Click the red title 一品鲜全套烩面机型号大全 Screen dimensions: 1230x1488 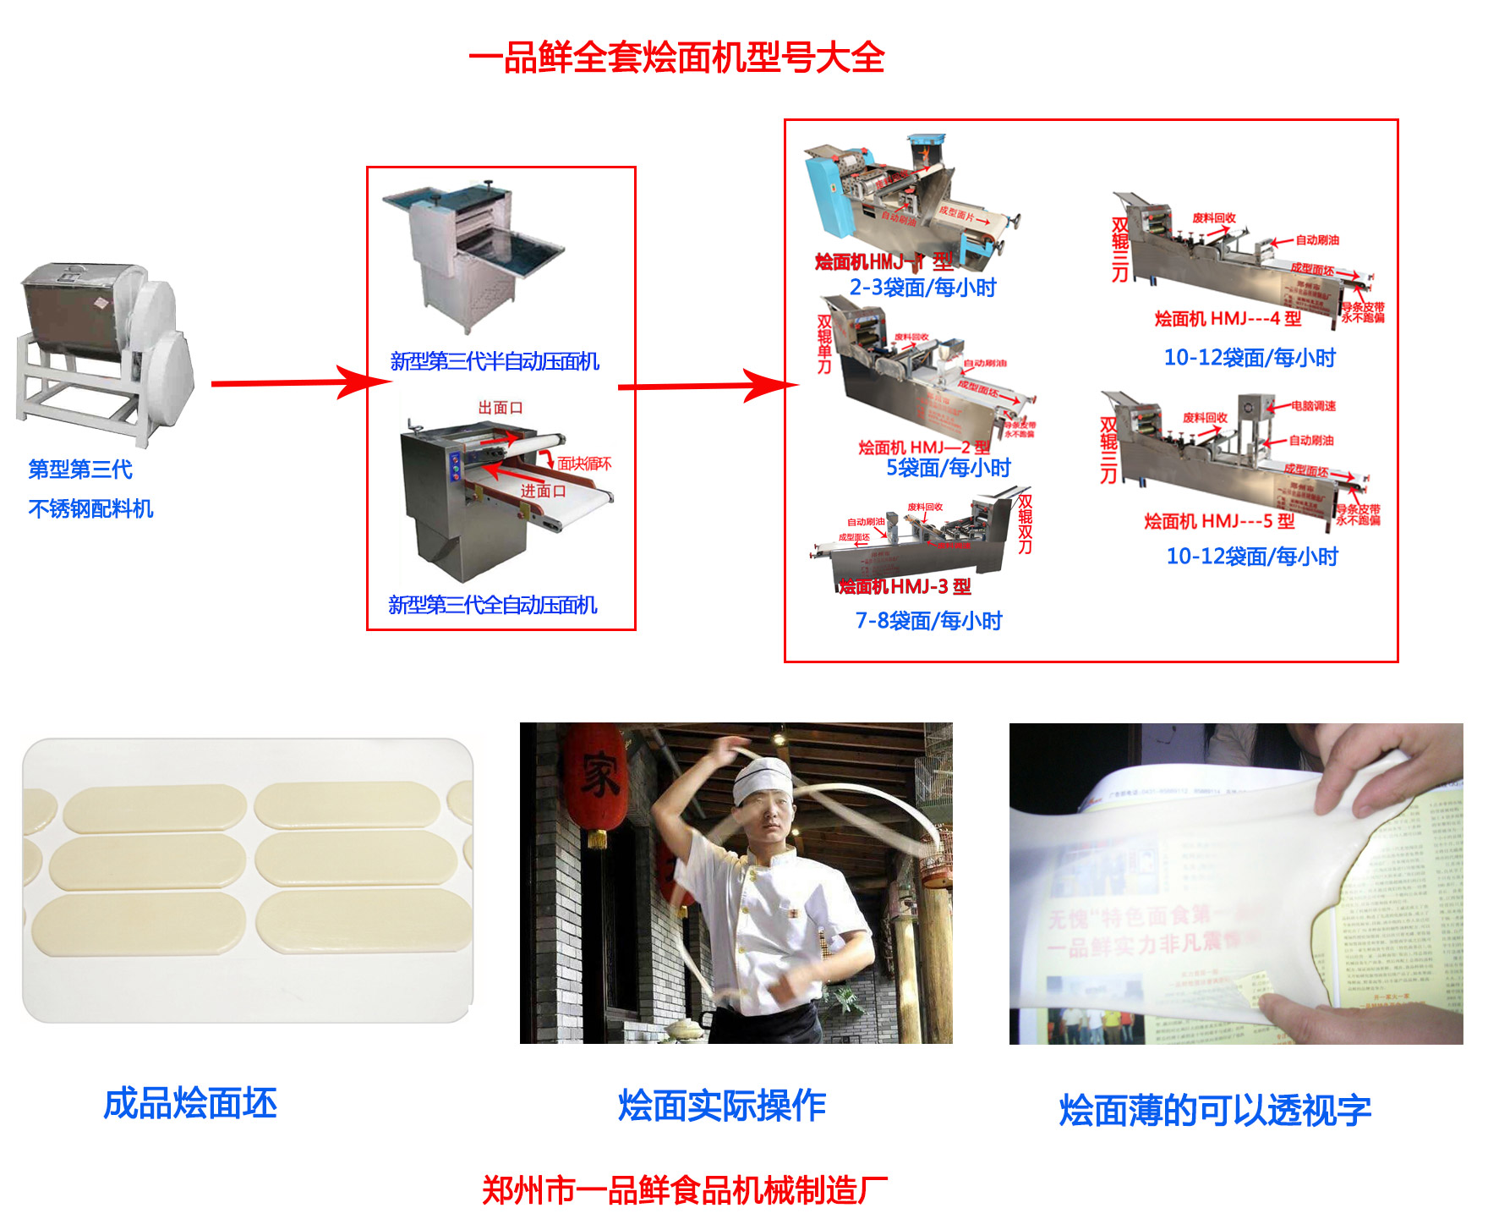pos(676,58)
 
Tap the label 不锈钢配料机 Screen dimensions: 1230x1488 pos(90,508)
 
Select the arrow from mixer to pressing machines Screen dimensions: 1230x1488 pos(296,383)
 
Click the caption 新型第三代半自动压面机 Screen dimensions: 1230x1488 pos(495,362)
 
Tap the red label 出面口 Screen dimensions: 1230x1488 pos(501,408)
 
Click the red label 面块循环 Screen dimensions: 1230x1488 pos(584,464)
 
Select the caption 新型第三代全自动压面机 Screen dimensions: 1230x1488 pos(493,605)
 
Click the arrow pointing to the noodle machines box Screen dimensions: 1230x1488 pos(706,387)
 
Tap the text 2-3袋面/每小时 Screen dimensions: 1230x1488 pos(922,288)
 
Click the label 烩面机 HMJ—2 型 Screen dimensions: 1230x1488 pos(923,448)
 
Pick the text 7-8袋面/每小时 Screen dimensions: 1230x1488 pos(928,621)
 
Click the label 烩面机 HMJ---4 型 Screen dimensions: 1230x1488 pos(1228,319)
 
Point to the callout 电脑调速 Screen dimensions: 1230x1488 pos(1313,406)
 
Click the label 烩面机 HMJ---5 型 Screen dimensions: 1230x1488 pos(1219,521)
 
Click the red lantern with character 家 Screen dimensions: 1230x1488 pos(596,778)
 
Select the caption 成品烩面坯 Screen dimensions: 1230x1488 pos(190,1104)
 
